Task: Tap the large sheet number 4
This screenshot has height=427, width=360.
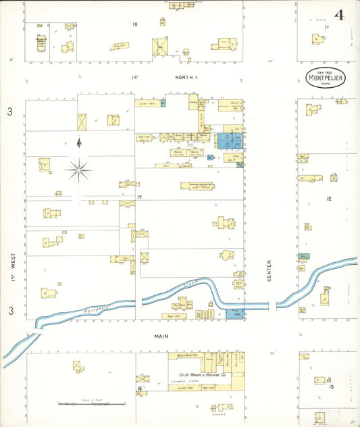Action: (x=338, y=14)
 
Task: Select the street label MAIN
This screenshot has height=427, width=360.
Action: (x=161, y=336)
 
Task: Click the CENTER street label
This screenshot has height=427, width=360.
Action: (x=269, y=271)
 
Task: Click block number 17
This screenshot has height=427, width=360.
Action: (x=140, y=197)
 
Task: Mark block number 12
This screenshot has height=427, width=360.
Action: (x=329, y=199)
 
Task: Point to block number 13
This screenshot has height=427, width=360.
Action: (x=331, y=386)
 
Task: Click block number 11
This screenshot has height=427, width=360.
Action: (x=326, y=27)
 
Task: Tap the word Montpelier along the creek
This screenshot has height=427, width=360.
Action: (x=98, y=307)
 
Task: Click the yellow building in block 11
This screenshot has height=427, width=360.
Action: (x=318, y=39)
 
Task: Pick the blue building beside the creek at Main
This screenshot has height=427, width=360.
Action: (x=235, y=315)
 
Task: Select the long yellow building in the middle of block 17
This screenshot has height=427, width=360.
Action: (x=197, y=184)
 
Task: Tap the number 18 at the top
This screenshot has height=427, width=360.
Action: (x=135, y=24)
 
